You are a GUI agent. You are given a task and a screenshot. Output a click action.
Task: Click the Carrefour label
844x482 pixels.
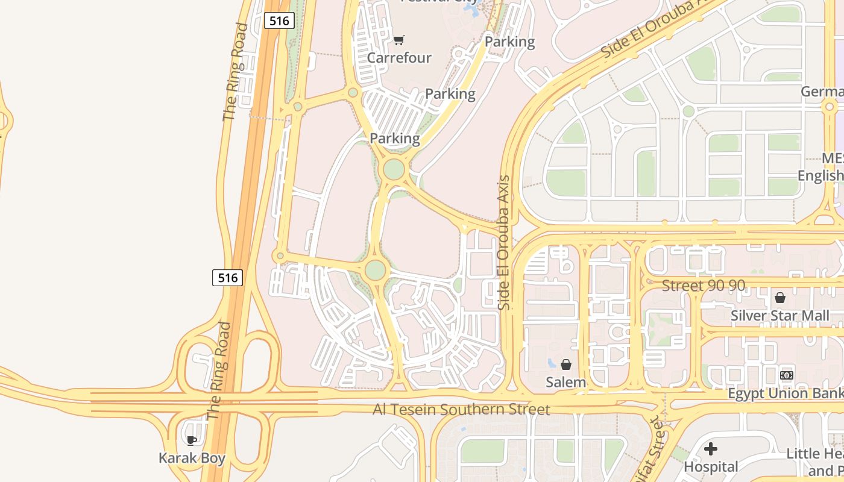click(399, 58)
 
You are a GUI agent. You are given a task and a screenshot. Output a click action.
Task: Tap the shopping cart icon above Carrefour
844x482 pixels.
click(398, 40)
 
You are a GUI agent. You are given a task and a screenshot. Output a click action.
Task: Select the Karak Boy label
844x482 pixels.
click(192, 458)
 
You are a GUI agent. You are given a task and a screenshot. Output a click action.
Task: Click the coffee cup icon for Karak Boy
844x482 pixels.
click(192, 440)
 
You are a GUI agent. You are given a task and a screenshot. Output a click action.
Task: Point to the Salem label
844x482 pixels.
click(565, 382)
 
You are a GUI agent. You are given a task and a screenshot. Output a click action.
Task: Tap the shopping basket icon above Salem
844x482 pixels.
click(565, 365)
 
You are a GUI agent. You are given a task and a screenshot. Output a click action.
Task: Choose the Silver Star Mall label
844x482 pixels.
click(779, 316)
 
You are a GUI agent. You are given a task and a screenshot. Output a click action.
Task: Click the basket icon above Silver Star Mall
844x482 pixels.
click(780, 298)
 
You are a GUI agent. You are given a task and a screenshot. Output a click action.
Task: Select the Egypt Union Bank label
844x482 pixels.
click(786, 393)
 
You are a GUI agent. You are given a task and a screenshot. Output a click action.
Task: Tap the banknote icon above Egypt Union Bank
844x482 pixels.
click(786, 375)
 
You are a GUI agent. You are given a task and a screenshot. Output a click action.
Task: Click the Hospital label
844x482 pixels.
click(711, 466)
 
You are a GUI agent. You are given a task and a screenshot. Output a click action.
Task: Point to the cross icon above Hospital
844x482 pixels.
click(711, 449)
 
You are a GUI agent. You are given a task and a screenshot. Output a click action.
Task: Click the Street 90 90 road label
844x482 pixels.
click(704, 286)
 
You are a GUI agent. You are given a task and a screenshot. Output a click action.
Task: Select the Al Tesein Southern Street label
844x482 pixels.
click(461, 410)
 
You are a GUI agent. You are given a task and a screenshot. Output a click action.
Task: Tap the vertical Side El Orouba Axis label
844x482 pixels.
click(504, 242)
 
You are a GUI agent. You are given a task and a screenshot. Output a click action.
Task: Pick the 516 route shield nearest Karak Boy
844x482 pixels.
click(227, 278)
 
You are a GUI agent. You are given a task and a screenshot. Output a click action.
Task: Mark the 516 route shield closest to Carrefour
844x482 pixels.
click(279, 20)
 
